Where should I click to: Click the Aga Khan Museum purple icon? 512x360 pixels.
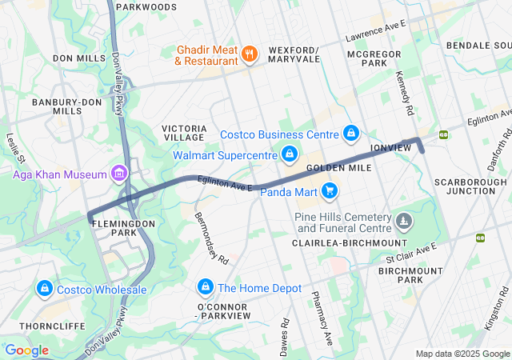[x=119, y=174]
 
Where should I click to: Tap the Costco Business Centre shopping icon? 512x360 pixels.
[x=350, y=133]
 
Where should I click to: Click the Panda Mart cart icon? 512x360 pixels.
[x=329, y=190]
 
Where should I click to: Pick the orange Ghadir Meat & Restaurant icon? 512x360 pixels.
[x=250, y=54]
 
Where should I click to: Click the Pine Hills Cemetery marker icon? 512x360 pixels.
[x=405, y=219]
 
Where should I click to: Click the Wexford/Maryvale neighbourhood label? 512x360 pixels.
[x=294, y=54]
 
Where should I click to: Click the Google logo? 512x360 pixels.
[x=27, y=350]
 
